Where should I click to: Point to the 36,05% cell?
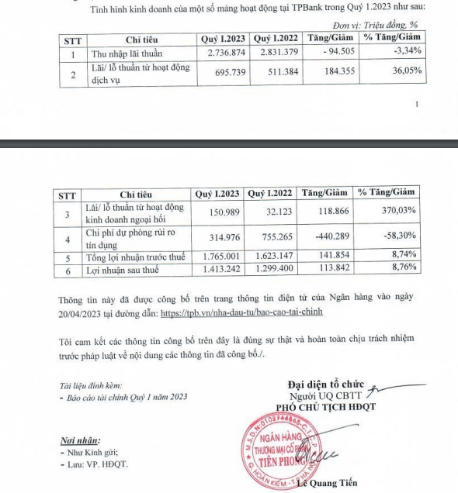[x=400, y=75]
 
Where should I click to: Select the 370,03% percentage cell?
[x=397, y=211]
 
